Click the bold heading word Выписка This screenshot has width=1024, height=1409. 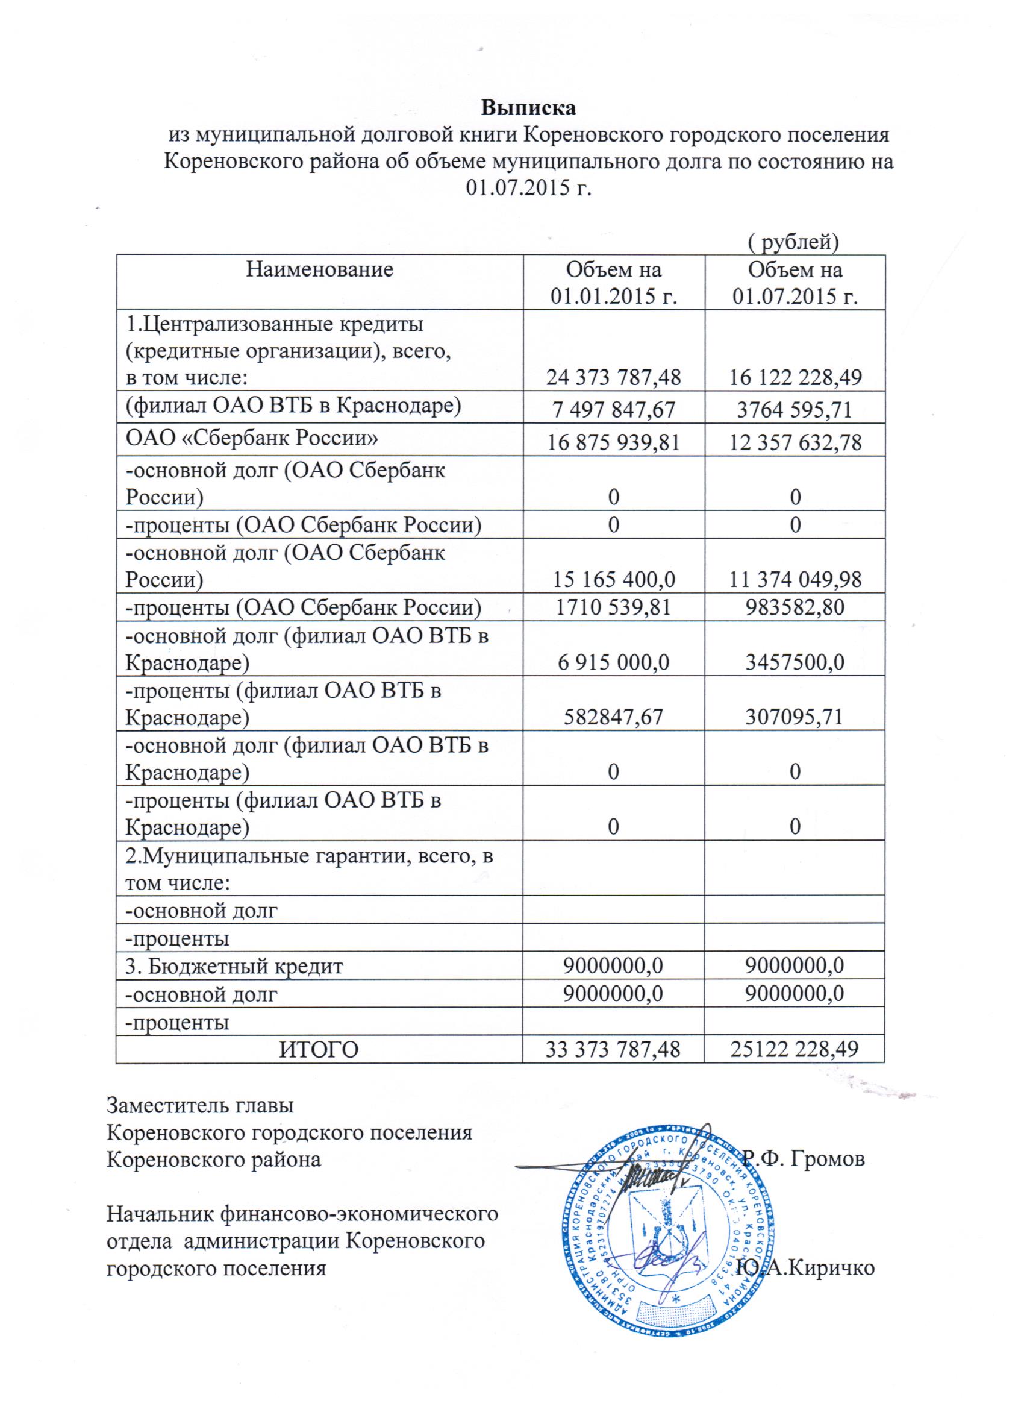point(528,107)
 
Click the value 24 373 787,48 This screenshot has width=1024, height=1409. point(613,377)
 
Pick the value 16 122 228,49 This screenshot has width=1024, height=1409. point(795,377)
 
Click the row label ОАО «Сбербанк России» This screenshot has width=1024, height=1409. point(252,438)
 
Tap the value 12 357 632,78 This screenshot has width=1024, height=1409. point(795,442)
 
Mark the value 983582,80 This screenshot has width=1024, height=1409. point(795,607)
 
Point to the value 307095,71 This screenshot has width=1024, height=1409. point(795,717)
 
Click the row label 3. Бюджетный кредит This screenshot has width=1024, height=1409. point(234,966)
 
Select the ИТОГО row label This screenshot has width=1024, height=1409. point(319,1049)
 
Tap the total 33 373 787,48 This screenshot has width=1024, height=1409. point(613,1049)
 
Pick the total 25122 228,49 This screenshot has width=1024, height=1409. point(795,1049)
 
